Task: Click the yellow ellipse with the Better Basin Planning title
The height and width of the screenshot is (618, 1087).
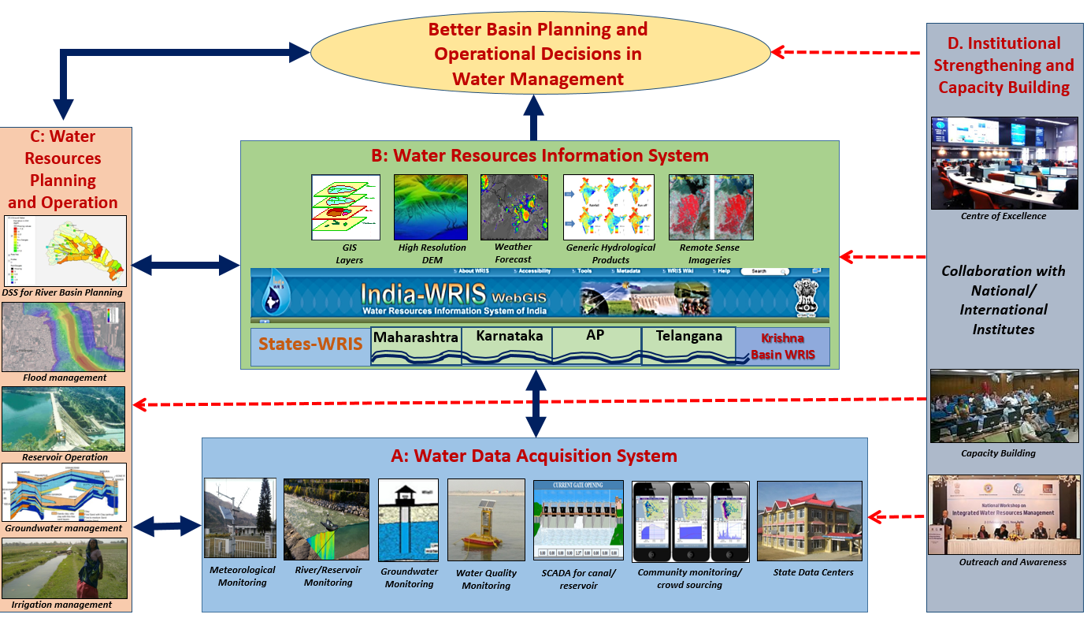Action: [x=540, y=53]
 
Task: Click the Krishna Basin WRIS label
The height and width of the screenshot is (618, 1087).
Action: [x=782, y=346]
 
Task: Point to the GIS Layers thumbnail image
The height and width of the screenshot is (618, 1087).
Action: [x=345, y=207]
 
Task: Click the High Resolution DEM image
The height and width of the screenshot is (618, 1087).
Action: [x=431, y=207]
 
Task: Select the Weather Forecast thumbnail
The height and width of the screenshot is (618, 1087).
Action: [x=513, y=207]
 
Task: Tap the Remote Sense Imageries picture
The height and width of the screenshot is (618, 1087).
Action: [x=710, y=207]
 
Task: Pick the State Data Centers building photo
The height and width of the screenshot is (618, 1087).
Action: [x=809, y=520]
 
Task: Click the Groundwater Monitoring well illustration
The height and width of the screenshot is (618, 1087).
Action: [x=408, y=519]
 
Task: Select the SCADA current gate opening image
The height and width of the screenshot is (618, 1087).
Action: [x=578, y=519]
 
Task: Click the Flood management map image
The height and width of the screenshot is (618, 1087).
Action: [x=64, y=337]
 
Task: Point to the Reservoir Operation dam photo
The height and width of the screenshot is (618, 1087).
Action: [x=64, y=419]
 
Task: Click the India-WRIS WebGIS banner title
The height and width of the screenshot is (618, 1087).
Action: [x=453, y=296]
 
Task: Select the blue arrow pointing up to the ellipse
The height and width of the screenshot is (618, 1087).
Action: [x=536, y=117]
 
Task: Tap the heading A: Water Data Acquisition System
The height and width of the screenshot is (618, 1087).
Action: [x=534, y=456]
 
